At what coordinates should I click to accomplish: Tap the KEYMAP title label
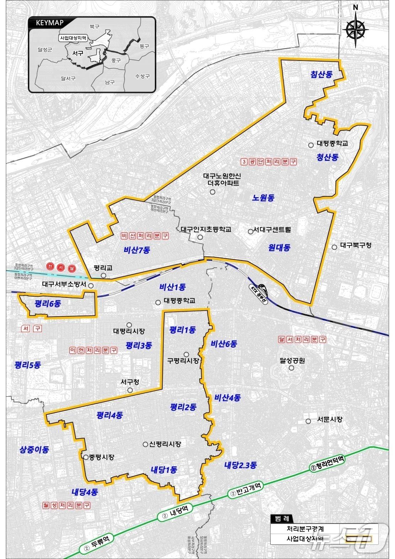click(x=49, y=23)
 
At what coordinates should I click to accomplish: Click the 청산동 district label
click(x=327, y=157)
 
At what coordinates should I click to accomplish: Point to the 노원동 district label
click(x=264, y=198)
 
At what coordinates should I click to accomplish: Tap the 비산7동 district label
click(x=137, y=250)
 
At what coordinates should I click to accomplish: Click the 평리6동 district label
click(x=48, y=304)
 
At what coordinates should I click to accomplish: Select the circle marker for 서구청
click(x=130, y=390)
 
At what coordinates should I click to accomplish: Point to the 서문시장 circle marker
click(x=308, y=421)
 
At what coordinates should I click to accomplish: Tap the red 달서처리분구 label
click(x=302, y=339)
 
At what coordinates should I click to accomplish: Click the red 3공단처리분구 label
click(x=268, y=162)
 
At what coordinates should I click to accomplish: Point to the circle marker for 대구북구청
click(x=334, y=247)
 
